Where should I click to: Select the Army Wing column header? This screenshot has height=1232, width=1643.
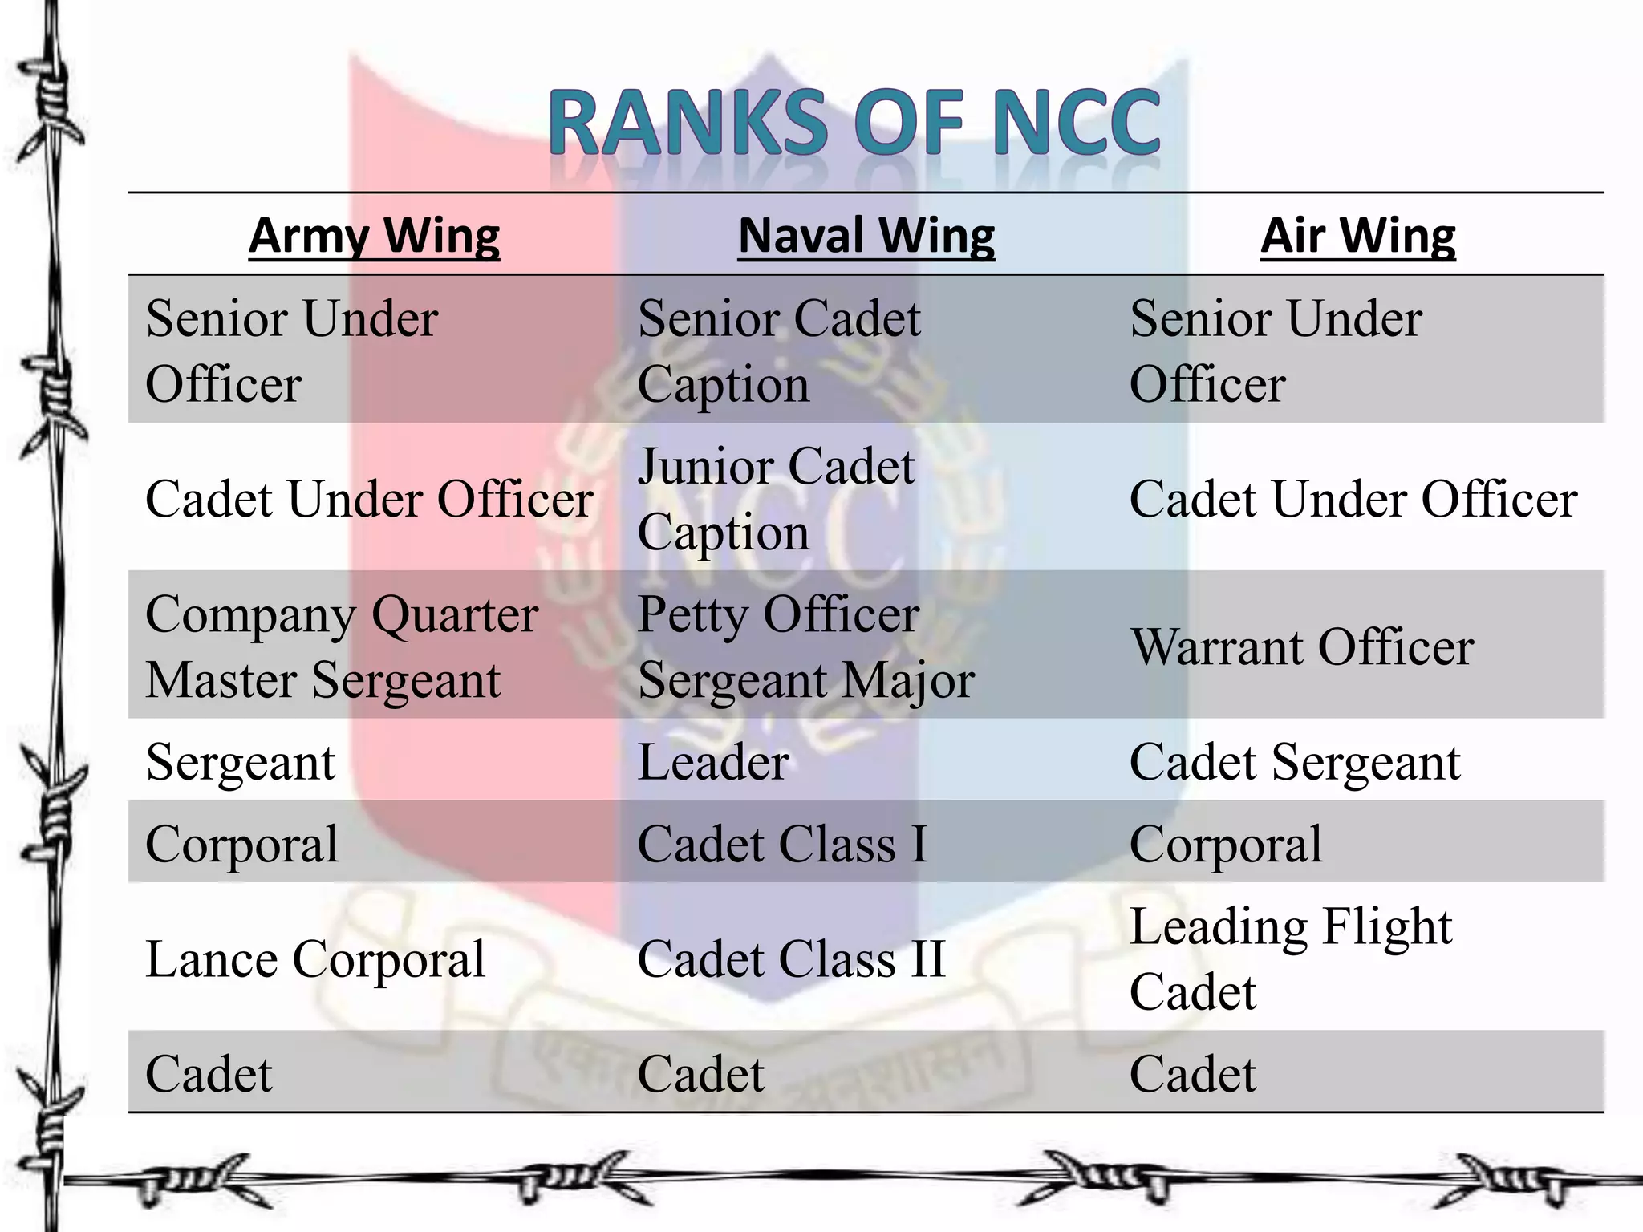coord(374,236)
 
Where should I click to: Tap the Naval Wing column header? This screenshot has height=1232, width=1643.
coord(866,236)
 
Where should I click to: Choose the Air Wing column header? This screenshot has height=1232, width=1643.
coord(1357,236)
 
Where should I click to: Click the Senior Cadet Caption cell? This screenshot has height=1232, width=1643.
coord(778,351)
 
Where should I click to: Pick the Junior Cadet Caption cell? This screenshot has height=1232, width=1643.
coord(776,498)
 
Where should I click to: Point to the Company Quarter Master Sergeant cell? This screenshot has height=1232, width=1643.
coord(342,646)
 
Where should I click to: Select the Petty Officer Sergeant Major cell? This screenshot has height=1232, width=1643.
coord(805,646)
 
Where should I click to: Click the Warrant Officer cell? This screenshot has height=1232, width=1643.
coord(1301,646)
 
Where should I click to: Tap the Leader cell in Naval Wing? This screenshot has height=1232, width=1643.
coord(713,761)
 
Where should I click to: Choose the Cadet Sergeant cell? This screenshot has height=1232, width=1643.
coord(1295,761)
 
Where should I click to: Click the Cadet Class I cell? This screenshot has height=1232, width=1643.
coord(782,844)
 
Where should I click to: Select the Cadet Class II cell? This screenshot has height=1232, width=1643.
coord(791,958)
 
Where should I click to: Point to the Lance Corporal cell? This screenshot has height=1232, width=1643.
coord(315,958)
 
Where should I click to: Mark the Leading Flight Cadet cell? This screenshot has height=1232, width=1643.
coord(1290,958)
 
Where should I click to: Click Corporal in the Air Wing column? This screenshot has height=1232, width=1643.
coord(1226,844)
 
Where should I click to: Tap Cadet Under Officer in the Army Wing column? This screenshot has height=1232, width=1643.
coord(369,499)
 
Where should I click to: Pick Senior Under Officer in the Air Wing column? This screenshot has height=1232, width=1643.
coord(1276,351)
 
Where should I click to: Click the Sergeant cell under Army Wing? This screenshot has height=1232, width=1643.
coord(241,761)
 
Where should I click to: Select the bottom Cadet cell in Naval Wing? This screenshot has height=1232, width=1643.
coord(700,1073)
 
